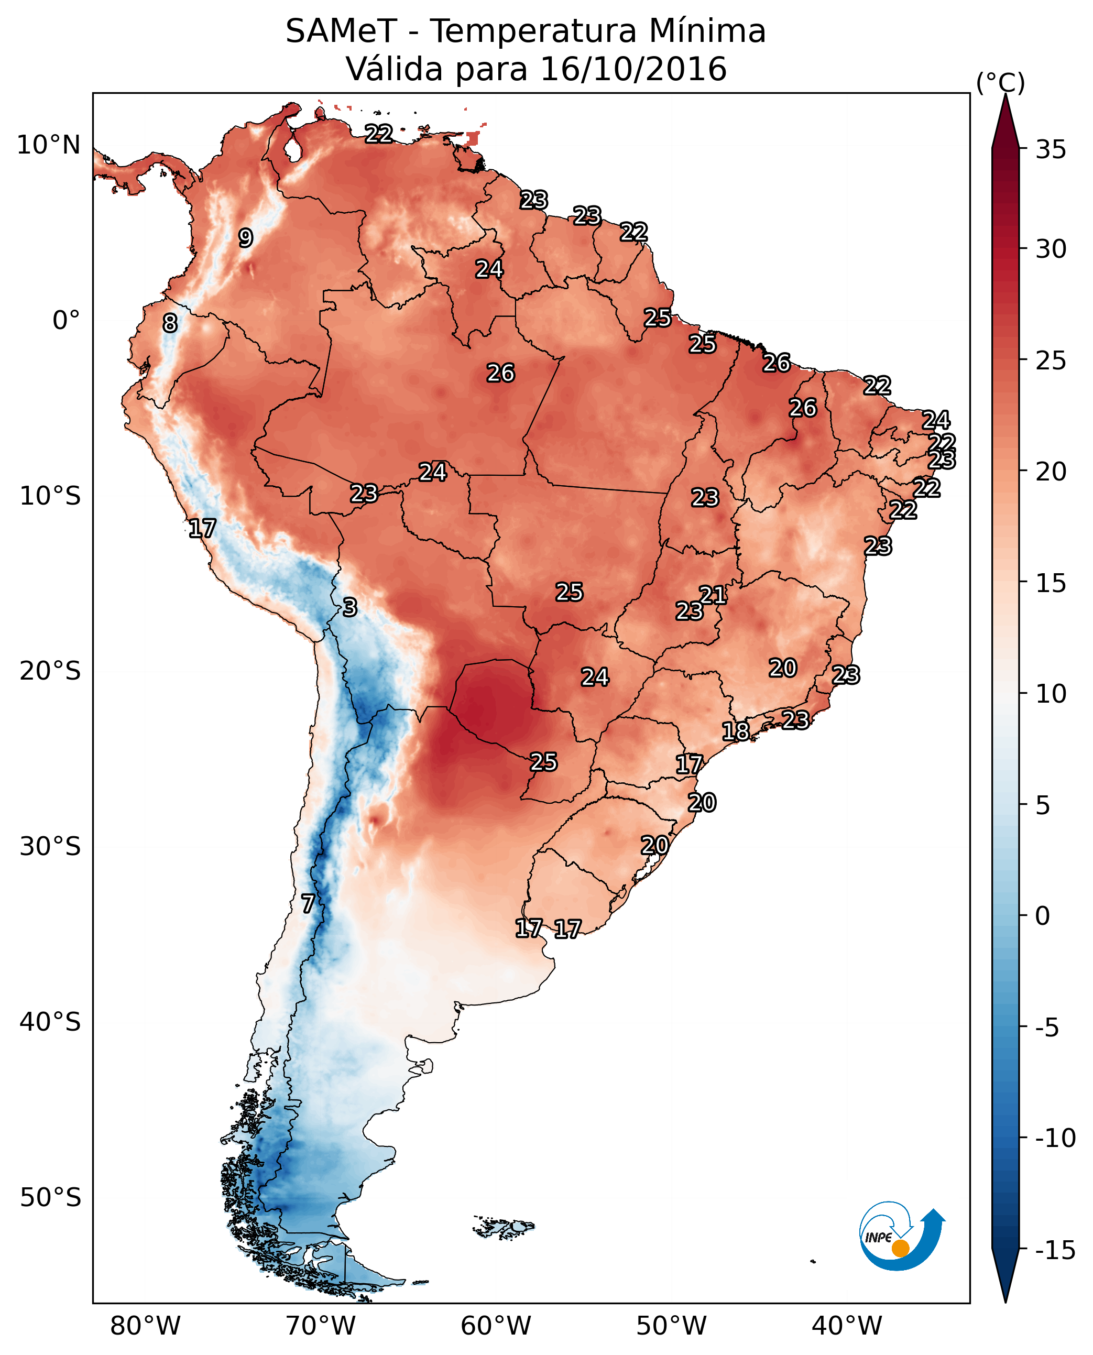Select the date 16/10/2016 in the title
click(x=633, y=69)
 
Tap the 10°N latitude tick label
click(x=49, y=146)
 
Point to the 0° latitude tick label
click(x=66, y=321)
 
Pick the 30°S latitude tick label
click(x=50, y=847)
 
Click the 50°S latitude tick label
click(x=50, y=1198)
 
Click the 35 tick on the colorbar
click(x=1051, y=150)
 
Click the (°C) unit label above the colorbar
click(x=1000, y=82)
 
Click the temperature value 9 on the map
click(x=246, y=238)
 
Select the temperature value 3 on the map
click(x=350, y=607)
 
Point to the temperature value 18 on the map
click(x=735, y=731)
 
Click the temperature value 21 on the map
click(x=713, y=595)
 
